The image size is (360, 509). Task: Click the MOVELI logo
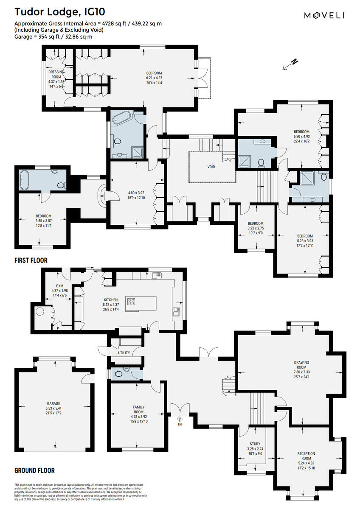[324, 16]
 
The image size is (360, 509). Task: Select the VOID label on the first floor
[211, 167]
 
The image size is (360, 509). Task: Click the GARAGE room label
[53, 403]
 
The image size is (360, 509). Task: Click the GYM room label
[59, 286]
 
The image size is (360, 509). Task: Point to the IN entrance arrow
[180, 420]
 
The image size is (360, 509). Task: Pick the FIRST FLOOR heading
[31, 260]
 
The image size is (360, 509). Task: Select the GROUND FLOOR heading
[34, 470]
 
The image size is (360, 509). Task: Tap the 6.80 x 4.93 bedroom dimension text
[301, 137]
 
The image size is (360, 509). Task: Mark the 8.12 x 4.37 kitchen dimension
[110, 305]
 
